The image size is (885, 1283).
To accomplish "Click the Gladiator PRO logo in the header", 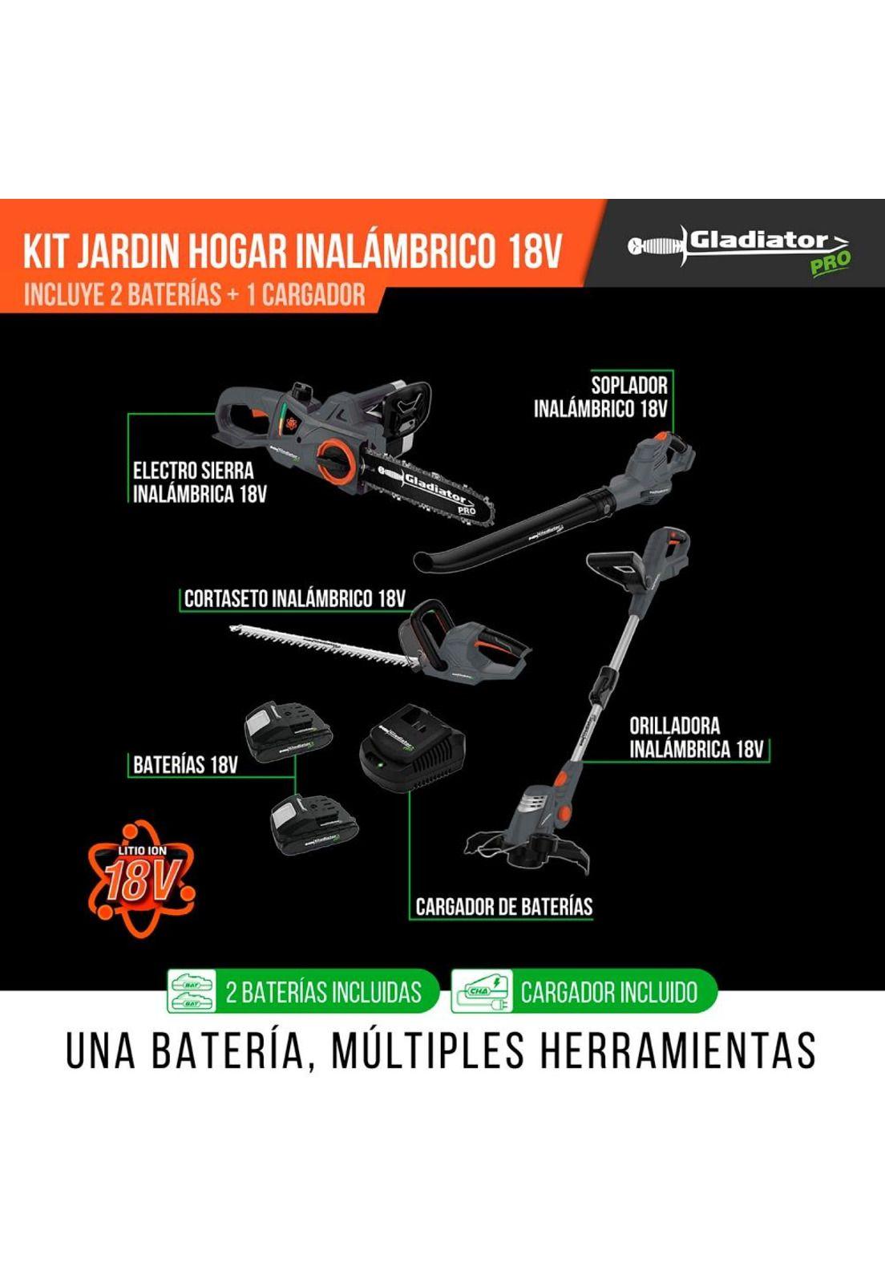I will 739,249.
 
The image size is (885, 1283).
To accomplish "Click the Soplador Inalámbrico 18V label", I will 601,397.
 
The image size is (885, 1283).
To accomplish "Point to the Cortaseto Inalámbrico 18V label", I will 294,598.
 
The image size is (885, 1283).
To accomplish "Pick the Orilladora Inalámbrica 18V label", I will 696,738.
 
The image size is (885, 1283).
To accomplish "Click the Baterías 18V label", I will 185,764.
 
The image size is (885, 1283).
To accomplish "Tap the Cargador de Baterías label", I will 503,907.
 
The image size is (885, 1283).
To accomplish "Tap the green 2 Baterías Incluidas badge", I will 302,992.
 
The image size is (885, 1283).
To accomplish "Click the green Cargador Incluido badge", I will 584,992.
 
